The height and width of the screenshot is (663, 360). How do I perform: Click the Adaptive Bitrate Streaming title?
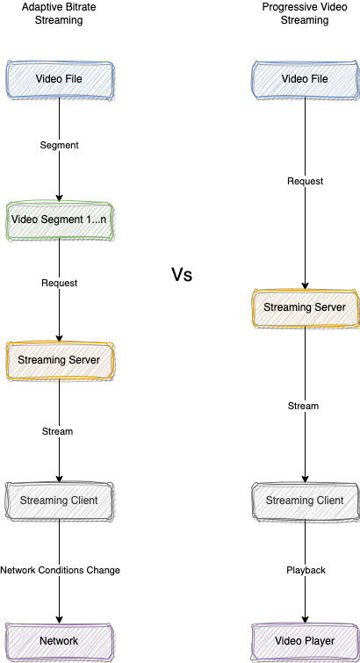point(59,13)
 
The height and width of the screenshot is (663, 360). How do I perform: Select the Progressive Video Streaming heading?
point(305,13)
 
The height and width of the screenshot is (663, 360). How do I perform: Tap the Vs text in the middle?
point(182,274)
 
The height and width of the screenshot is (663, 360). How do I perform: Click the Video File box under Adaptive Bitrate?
point(59,80)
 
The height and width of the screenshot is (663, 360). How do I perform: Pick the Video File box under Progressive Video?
point(306,80)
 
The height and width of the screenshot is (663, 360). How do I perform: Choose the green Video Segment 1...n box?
point(59,220)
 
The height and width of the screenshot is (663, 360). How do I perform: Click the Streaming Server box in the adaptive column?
point(59,360)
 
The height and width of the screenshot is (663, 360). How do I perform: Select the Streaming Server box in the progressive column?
point(306,307)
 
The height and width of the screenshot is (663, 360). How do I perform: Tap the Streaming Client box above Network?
point(59,501)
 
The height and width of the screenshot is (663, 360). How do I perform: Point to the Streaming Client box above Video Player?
point(306,501)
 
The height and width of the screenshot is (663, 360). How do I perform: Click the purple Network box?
point(59,641)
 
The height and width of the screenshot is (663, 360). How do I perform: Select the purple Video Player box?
point(306,641)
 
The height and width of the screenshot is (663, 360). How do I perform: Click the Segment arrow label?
point(59,145)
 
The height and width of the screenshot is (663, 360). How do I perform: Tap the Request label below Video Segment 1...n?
point(59,283)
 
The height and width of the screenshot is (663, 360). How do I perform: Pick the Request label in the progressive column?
point(306,181)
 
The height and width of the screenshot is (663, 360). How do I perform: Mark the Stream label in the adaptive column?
point(58,431)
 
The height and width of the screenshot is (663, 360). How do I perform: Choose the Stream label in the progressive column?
point(303,406)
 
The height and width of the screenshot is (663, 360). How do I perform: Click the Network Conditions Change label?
point(60,570)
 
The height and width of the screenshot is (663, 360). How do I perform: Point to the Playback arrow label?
point(306,570)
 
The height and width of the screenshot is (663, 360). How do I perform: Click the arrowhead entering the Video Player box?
point(306,619)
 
